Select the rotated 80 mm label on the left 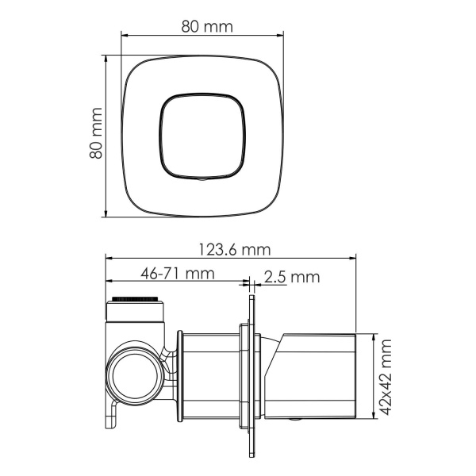coord(96,134)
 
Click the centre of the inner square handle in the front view coord(202,136)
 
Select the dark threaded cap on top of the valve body coord(136,299)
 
